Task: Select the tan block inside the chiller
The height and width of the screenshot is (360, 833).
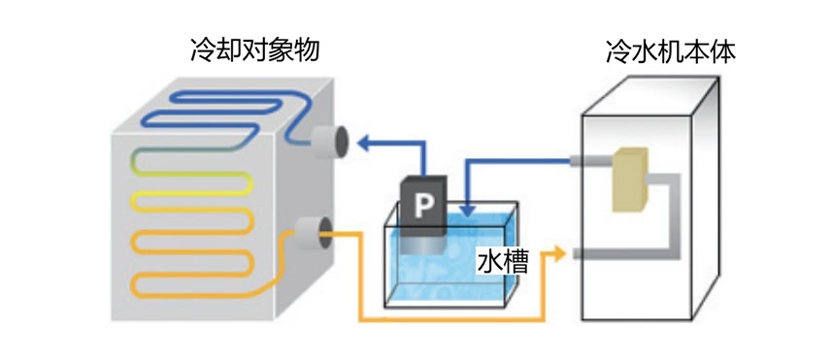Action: [629, 180]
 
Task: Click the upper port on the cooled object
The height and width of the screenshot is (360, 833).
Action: [329, 144]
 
